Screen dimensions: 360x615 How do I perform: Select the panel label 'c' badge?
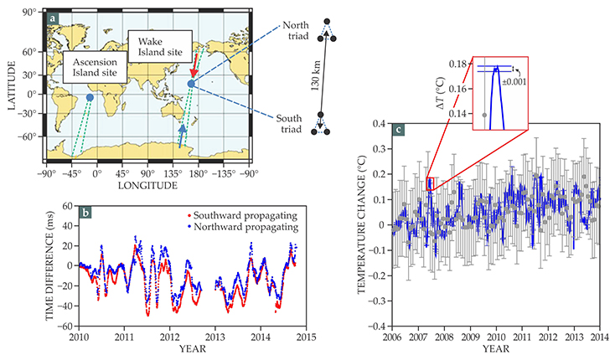[399, 131]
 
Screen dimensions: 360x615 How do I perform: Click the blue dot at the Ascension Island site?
[90, 98]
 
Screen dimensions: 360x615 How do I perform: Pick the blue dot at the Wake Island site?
[191, 84]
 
